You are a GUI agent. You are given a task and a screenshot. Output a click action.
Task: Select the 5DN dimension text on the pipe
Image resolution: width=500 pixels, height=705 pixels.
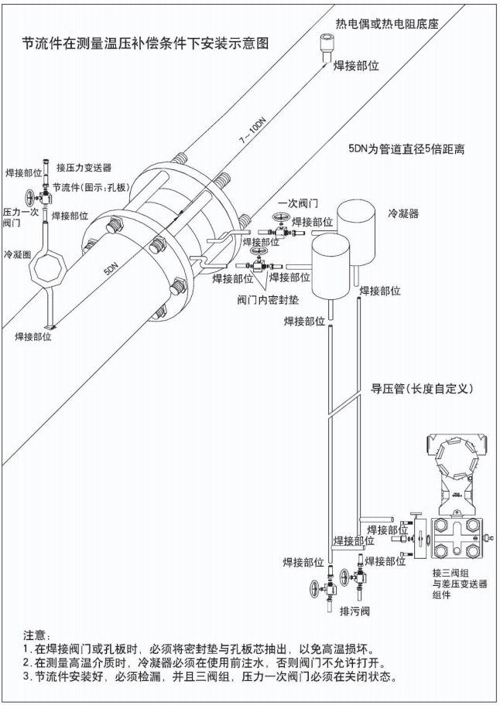[111, 269]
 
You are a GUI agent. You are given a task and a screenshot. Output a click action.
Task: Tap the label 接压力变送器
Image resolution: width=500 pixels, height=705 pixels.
[87, 166]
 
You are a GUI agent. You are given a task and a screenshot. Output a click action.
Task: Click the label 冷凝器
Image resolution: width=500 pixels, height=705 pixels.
[402, 213]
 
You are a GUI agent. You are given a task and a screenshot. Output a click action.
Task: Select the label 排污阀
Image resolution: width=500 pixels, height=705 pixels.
[356, 610]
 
